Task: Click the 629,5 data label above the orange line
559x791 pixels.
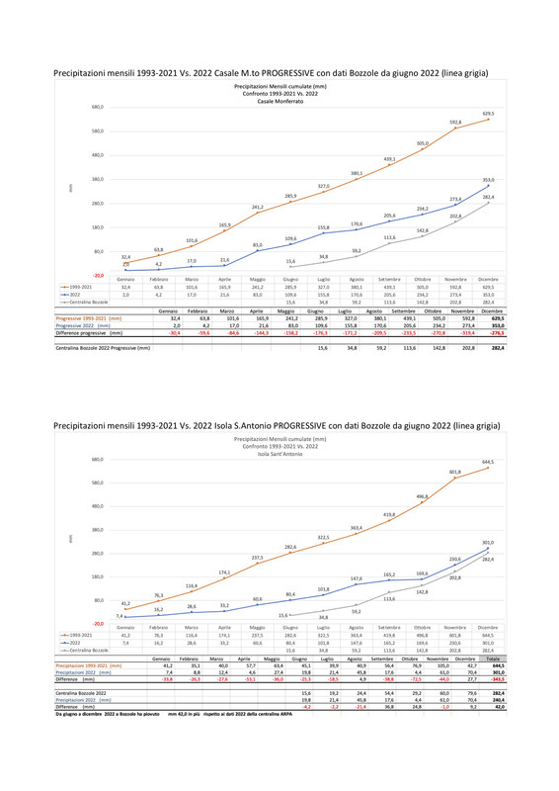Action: coord(487,114)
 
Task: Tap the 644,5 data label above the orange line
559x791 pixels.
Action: coord(487,461)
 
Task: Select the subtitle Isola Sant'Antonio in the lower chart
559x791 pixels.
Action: coord(279,454)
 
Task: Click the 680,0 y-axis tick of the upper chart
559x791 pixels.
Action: coord(97,108)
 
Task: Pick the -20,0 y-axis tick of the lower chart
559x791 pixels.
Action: coord(97,623)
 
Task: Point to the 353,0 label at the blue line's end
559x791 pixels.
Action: coord(487,180)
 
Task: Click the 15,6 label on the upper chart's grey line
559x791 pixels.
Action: coord(290,261)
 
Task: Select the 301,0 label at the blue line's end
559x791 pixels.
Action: coord(487,542)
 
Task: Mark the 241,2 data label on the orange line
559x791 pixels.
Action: coord(257,207)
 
